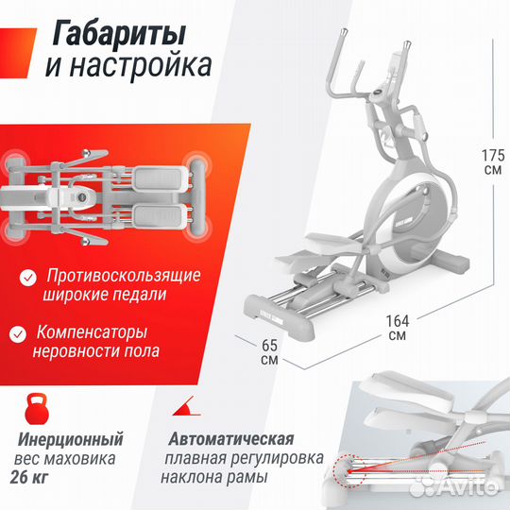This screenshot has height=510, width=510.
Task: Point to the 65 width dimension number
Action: click(268, 346)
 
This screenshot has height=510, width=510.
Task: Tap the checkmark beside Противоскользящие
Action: click(29, 277)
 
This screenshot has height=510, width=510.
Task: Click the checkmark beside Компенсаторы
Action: click(18, 333)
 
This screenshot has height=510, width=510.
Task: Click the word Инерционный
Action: click(71, 439)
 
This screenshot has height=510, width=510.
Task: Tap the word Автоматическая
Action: click(232, 439)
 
